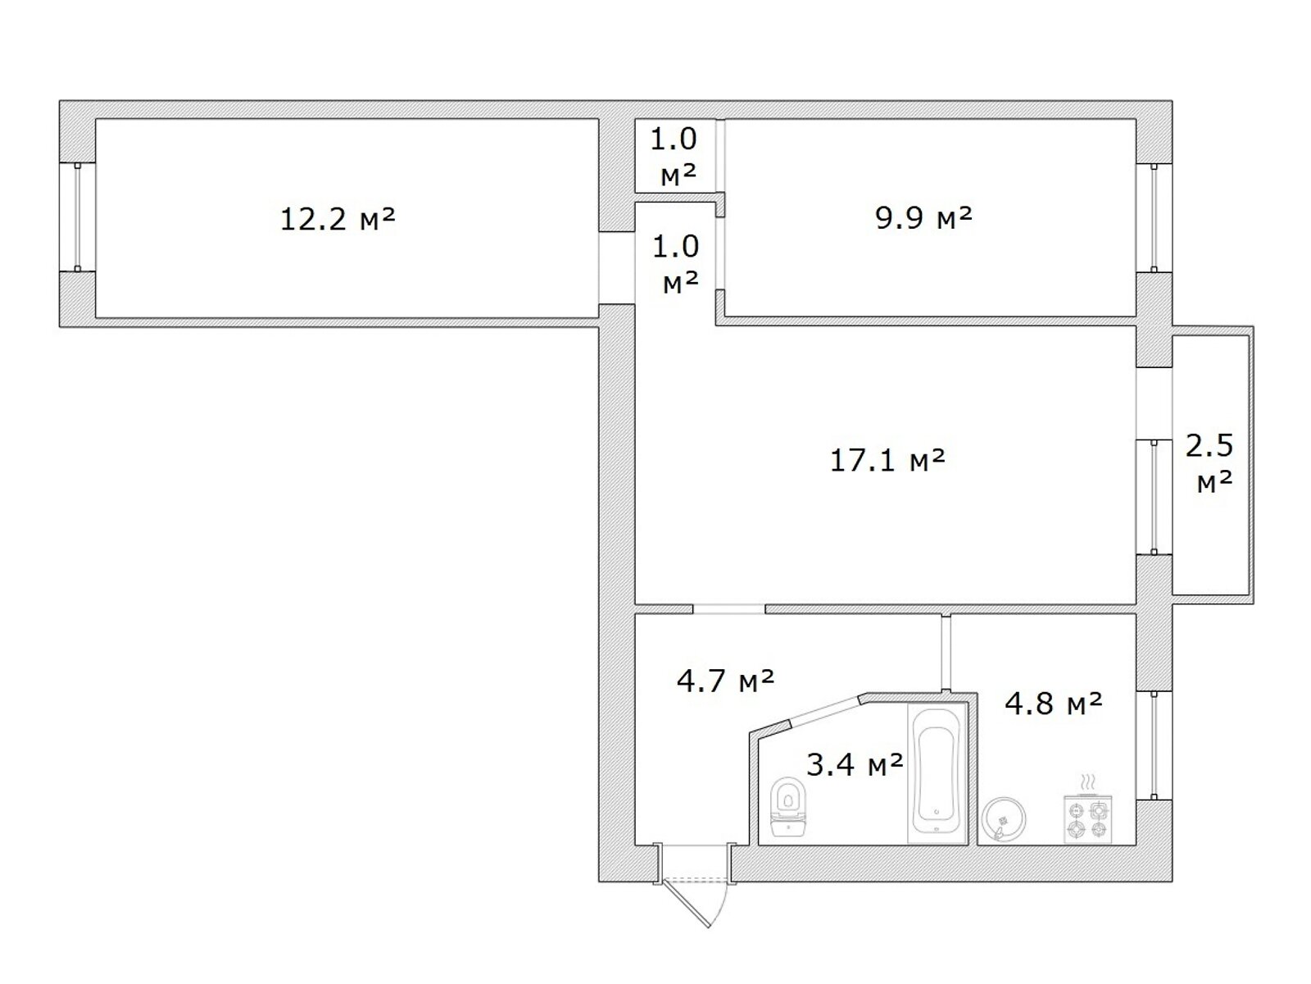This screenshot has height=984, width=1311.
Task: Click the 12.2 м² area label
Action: [x=338, y=219]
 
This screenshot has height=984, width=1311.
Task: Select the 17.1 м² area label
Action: [x=887, y=460]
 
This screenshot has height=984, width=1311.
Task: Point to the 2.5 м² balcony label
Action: [x=1209, y=463]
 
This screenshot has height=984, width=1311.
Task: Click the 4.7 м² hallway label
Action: [x=725, y=681]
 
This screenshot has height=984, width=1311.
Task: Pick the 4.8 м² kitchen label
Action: [x=1053, y=704]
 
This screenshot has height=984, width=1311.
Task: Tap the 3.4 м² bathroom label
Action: [x=855, y=764]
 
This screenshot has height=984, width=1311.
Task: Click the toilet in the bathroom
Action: [x=788, y=806]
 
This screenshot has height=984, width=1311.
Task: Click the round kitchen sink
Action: [x=1004, y=819]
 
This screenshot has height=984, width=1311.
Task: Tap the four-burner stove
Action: [x=1087, y=820]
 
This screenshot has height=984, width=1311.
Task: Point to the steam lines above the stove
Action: [x=1087, y=782]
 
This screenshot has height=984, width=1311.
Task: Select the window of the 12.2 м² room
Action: [x=77, y=216]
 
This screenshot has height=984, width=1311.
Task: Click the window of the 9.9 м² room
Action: [x=1154, y=217]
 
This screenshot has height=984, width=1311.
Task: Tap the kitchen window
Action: [x=1154, y=745]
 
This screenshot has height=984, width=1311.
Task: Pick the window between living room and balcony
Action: [x=1154, y=497]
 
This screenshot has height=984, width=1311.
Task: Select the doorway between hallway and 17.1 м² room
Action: [x=728, y=608]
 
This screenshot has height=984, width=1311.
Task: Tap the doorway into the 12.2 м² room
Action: [x=616, y=268]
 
